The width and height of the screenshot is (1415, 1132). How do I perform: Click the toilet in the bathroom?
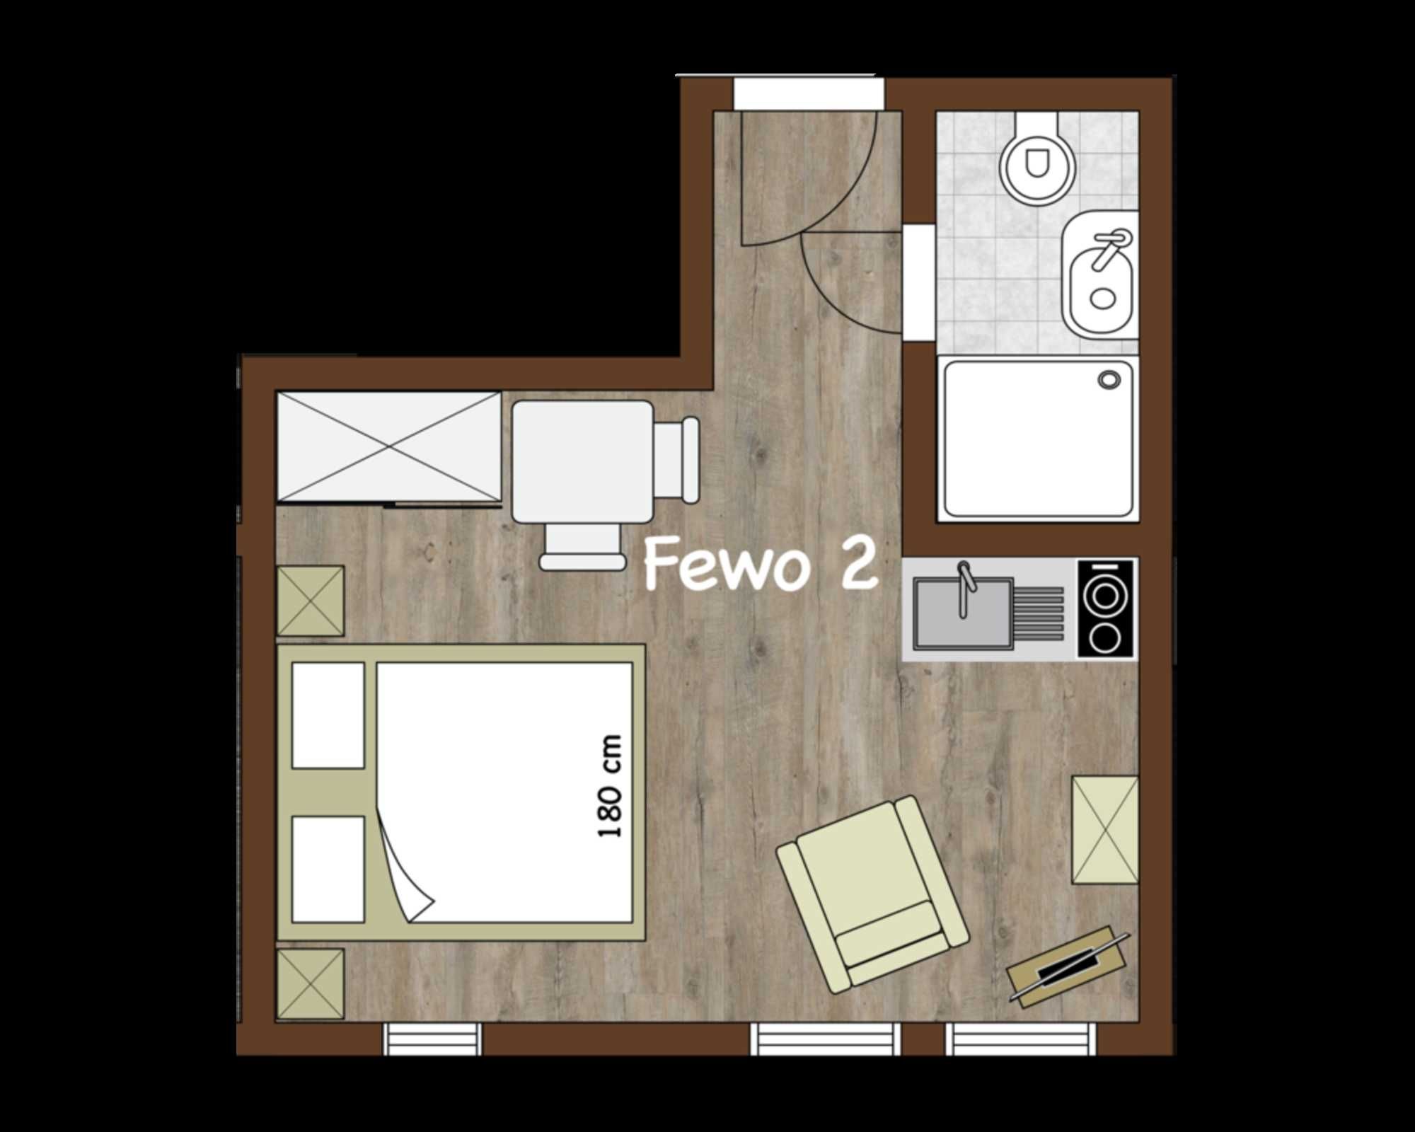1037,160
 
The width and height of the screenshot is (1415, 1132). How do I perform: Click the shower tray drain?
1109,380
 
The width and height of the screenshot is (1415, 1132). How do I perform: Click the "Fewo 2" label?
761,564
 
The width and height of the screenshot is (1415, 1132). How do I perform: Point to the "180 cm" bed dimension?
610,786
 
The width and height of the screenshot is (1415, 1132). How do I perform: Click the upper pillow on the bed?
328,715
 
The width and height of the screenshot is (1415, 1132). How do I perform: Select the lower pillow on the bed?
328,870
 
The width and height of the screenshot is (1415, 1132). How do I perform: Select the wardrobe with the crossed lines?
388,447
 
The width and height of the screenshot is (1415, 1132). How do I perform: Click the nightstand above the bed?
311,601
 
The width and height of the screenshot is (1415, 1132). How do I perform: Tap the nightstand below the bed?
311,984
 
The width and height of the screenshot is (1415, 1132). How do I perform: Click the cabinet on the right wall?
1105,831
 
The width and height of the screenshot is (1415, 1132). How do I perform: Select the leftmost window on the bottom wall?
432,1039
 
